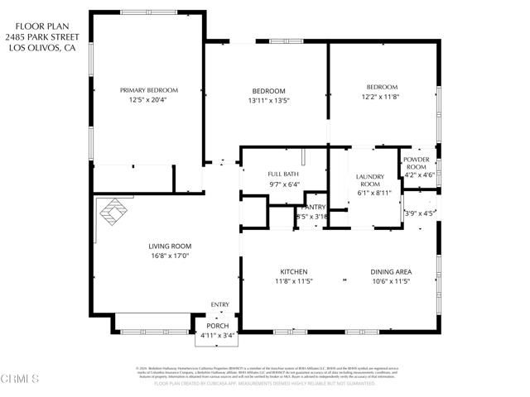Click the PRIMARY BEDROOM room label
(149, 90)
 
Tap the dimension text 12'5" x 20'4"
(149, 100)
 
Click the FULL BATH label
(282, 174)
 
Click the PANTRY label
(315, 207)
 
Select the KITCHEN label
(293, 272)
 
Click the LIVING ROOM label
(170, 246)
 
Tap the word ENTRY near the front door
(219, 304)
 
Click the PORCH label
(218, 326)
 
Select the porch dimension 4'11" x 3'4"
(218, 335)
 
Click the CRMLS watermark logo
(21, 380)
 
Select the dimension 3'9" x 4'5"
(418, 213)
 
